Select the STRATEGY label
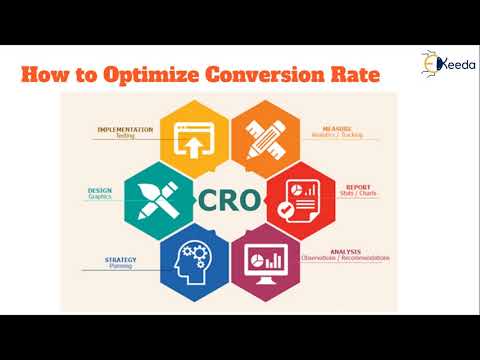click(122, 260)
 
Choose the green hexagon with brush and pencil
click(157, 197)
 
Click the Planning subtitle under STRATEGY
click(121, 267)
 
